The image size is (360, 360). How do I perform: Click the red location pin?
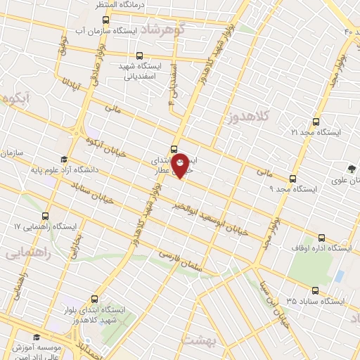click(181, 165)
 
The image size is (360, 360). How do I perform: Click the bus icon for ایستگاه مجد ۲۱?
click(316, 121)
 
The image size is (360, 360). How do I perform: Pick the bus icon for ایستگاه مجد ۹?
click(293, 178)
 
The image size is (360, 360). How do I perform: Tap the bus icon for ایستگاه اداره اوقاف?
click(321, 238)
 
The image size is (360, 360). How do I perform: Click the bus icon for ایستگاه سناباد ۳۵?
click(314, 290)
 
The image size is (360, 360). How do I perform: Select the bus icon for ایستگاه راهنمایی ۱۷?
click(46, 216)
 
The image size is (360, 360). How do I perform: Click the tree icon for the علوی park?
click(351, 167)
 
